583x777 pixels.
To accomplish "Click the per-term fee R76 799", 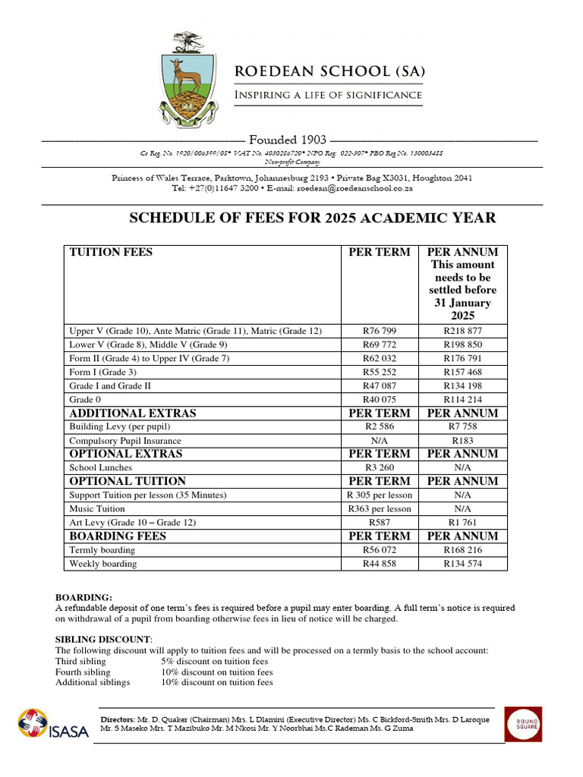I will (379, 331).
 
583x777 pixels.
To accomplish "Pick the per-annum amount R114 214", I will (462, 399).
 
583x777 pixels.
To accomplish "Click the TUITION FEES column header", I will (111, 252).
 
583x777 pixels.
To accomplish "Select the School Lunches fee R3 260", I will (379, 467).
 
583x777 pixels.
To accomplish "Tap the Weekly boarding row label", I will (103, 563).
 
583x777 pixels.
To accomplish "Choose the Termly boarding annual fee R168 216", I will (462, 549).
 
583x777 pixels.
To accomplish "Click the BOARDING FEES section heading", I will (118, 536).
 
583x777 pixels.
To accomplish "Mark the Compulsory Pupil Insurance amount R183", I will (462, 440).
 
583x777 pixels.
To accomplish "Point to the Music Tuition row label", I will (97, 508).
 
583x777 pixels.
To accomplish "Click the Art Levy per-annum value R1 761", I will (462, 522).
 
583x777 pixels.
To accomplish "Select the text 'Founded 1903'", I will (288, 140).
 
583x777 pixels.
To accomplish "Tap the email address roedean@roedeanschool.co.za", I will (364, 187).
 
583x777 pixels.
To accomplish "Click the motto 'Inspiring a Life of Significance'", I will (328, 95).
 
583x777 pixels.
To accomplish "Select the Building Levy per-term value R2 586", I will (379, 426).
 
